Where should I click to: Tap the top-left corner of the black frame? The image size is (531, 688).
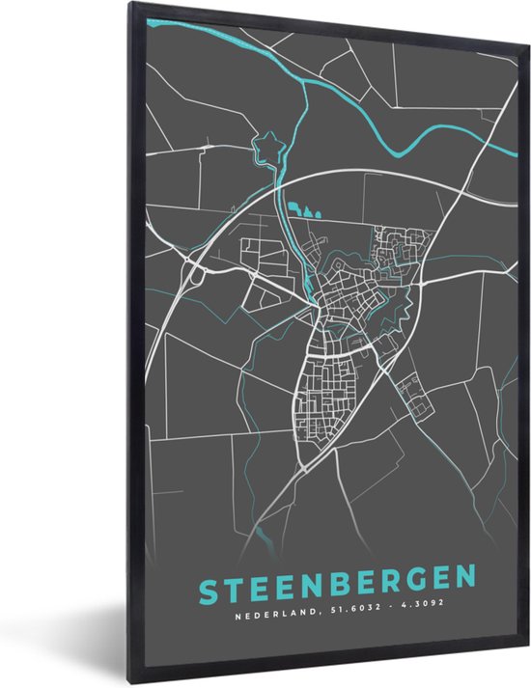coord(127,8)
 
